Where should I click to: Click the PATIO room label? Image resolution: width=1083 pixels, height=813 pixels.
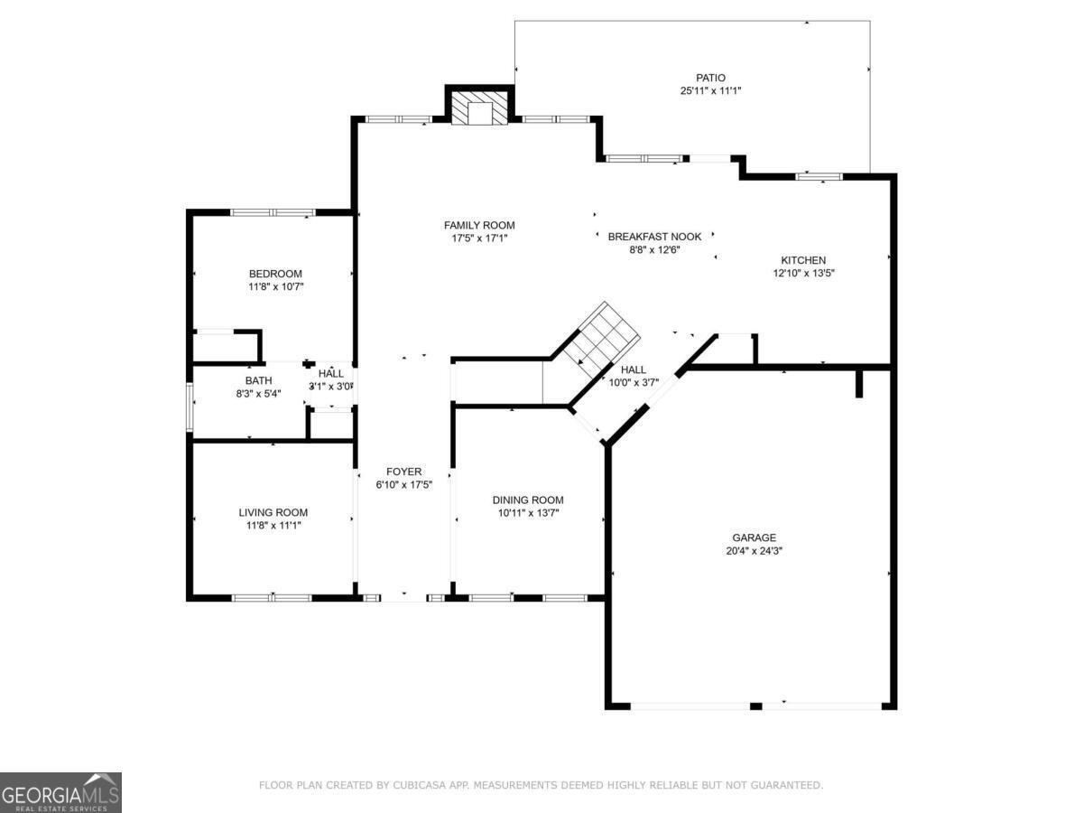click(x=710, y=78)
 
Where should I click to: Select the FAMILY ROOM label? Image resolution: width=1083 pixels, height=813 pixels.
click(x=479, y=225)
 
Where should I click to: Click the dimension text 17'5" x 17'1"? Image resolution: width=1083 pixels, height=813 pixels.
click(x=479, y=238)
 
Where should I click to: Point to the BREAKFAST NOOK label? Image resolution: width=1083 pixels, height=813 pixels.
click(x=654, y=237)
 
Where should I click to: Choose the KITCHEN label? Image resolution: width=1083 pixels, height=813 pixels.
click(x=803, y=260)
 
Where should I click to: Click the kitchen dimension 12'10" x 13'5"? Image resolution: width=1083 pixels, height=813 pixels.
click(x=803, y=273)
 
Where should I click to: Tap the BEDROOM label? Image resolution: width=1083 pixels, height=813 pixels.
click(x=275, y=274)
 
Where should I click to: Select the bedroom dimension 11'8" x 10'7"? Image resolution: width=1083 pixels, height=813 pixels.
click(x=275, y=287)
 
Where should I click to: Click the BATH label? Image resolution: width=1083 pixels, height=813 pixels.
click(x=258, y=380)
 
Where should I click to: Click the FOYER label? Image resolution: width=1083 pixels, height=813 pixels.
click(x=403, y=472)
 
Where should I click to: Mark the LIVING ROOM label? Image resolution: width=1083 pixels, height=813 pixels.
click(x=273, y=512)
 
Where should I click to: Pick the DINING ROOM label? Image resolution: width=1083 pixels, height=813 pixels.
click(x=528, y=500)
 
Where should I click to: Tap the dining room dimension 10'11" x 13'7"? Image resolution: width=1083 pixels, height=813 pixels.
click(x=528, y=514)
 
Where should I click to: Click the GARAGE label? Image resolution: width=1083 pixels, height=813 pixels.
click(x=754, y=537)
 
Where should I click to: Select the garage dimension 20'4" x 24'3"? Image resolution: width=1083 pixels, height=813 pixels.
click(x=754, y=551)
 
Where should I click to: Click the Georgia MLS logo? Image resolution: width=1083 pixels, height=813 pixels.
click(x=60, y=792)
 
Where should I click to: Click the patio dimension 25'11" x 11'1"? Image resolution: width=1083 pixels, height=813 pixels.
click(x=710, y=91)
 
